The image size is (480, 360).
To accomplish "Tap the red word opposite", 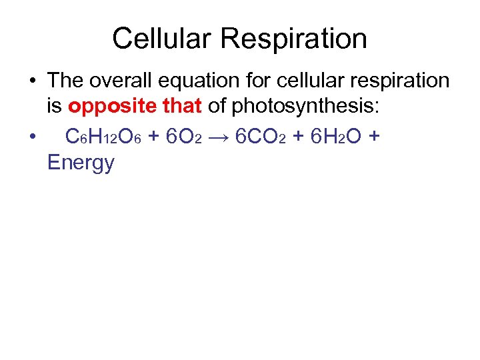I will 110,108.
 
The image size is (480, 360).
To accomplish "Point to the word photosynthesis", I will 317,108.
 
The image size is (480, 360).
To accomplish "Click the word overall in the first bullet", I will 117,81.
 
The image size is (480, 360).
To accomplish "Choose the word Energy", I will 81,162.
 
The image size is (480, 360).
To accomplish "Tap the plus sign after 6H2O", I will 374,136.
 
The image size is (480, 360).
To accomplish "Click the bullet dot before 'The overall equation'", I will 32,81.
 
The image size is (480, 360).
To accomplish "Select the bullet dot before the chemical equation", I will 32,136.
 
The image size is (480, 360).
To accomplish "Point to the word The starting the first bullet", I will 65,81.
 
